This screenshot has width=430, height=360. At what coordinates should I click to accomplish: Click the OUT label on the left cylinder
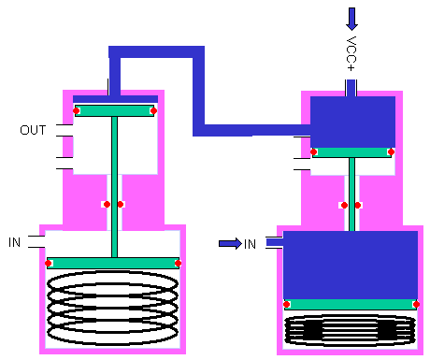click(x=33, y=130)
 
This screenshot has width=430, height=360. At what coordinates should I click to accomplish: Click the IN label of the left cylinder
click(x=14, y=242)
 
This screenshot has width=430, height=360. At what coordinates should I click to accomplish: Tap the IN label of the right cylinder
click(x=250, y=244)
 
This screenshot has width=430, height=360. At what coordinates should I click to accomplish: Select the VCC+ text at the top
click(x=351, y=54)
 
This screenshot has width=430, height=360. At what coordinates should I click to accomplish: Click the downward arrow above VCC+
click(x=351, y=19)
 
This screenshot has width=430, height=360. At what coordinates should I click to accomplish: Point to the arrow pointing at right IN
click(x=230, y=243)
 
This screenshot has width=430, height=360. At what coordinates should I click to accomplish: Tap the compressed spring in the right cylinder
click(x=351, y=330)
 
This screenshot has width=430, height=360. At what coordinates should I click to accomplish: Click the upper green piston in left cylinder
click(x=115, y=110)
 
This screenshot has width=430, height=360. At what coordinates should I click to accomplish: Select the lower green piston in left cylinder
click(x=113, y=263)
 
